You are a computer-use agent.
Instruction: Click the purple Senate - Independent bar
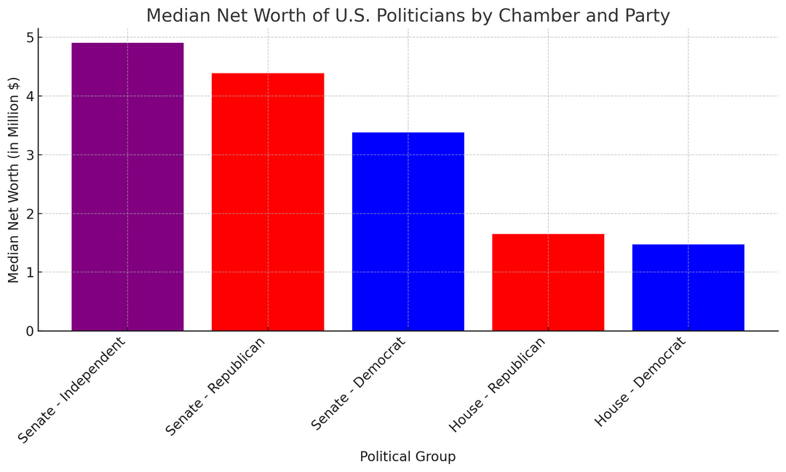click(x=127, y=186)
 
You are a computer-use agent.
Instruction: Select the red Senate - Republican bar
click(x=268, y=202)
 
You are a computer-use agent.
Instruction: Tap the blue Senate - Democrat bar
click(x=408, y=232)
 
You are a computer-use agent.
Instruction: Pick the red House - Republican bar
click(x=548, y=282)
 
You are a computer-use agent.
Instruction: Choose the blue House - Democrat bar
click(x=688, y=287)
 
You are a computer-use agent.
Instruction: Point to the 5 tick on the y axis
click(x=29, y=37)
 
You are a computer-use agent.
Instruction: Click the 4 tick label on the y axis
click(x=29, y=96)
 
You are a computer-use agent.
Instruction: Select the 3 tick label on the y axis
click(x=29, y=155)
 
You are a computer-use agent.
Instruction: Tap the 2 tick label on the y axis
click(x=29, y=214)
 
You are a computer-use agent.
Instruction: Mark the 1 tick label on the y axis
click(x=29, y=272)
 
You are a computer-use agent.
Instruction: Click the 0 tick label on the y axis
click(x=29, y=331)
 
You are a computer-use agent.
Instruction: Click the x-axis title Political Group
click(x=408, y=457)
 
